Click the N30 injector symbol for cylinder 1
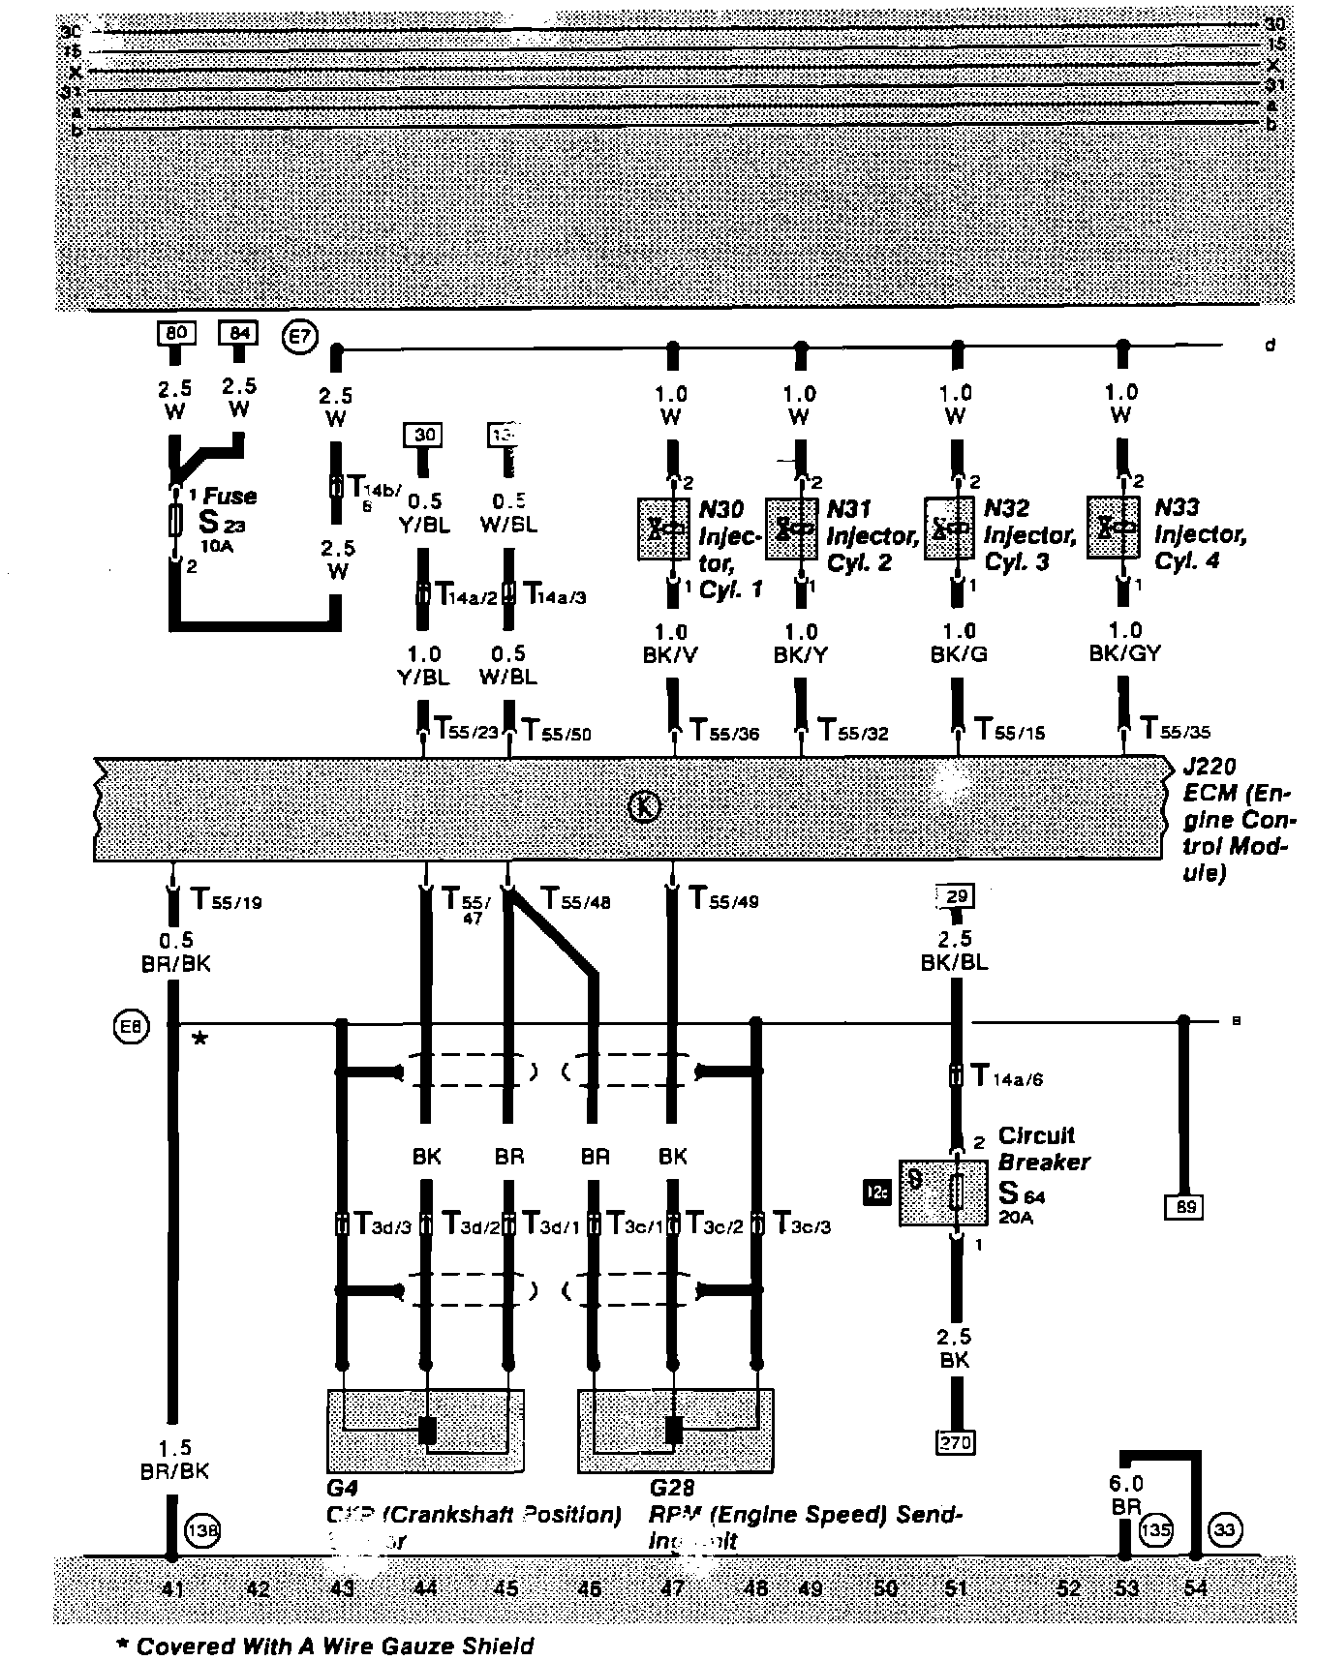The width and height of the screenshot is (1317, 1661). pos(663,528)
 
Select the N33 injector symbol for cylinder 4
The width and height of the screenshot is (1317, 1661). pos(1113,528)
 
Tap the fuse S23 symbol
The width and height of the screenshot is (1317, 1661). pos(174,520)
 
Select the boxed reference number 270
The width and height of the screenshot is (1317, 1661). pos(955,1442)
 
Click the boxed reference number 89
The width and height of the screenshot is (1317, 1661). pos(1183,1206)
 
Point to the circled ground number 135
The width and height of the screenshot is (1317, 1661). pos(1155,1531)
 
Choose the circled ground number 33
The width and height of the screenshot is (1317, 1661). pos(1225,1530)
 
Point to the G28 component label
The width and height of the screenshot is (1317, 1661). pos(672,1487)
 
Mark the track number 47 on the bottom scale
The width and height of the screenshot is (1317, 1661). pos(672,1588)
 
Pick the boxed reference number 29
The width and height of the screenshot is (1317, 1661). pos(955,896)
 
